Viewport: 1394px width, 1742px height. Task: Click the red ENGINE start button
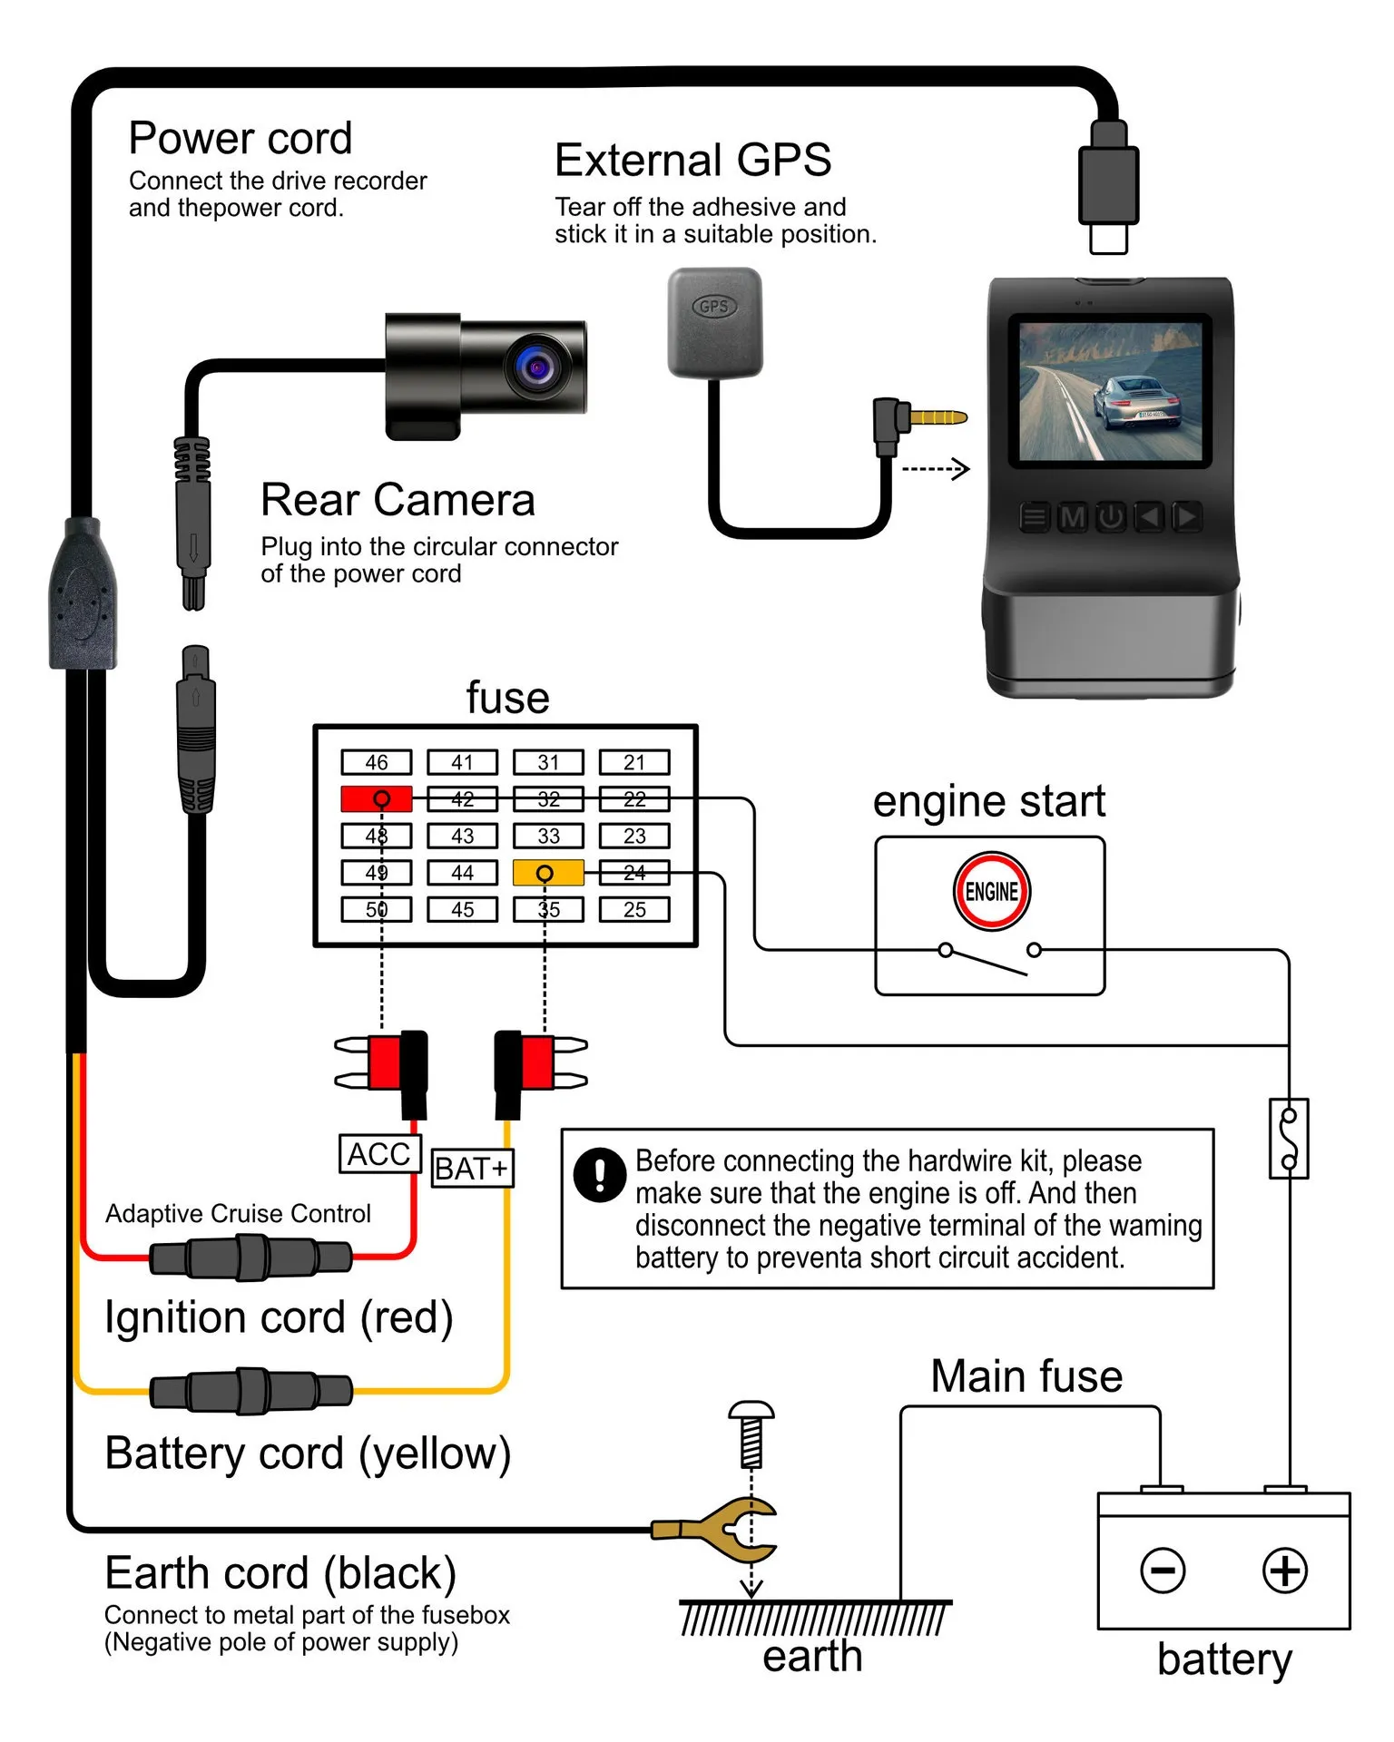point(991,891)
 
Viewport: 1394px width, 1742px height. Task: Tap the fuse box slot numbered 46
point(376,762)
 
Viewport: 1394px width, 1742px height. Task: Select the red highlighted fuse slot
point(376,798)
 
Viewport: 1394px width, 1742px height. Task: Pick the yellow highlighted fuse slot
point(548,873)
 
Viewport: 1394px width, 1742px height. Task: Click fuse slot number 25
point(634,909)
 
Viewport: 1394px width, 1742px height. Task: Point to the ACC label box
point(379,1154)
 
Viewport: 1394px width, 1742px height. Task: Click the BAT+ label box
point(471,1169)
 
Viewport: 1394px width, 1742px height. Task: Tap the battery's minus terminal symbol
point(1163,1571)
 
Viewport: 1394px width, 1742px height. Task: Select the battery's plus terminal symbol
point(1285,1571)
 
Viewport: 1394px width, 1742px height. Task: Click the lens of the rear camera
point(537,366)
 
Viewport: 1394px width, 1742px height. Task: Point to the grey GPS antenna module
point(715,322)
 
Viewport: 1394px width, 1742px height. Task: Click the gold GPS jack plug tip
point(939,418)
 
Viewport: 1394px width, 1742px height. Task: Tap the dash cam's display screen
point(1110,390)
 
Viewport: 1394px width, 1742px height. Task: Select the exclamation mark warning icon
point(599,1175)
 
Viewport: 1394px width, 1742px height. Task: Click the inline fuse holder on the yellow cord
point(251,1391)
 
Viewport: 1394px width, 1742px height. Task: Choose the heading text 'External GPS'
point(692,161)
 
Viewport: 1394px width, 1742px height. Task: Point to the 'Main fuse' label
point(1026,1376)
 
